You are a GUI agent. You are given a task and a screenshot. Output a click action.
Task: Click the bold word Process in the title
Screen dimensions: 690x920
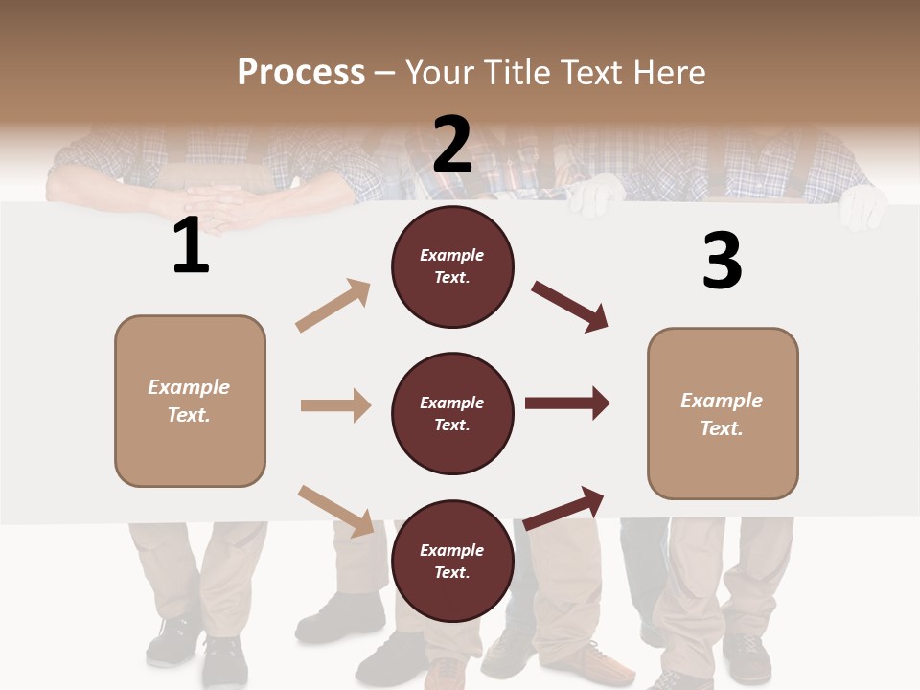pos(301,72)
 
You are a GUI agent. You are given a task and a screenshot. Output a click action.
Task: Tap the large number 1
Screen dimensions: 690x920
pos(191,246)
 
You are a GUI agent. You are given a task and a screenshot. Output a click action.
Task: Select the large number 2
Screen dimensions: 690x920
pos(452,144)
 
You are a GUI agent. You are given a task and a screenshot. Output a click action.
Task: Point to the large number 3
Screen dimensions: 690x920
pos(722,261)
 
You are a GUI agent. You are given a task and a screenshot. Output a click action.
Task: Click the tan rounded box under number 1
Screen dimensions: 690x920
pos(190,401)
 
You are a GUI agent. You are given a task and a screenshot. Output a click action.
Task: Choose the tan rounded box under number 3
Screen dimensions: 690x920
pos(723,414)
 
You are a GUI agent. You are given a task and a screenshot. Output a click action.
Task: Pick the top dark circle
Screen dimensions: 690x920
pos(452,266)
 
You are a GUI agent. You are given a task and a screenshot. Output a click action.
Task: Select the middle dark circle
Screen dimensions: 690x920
pos(452,414)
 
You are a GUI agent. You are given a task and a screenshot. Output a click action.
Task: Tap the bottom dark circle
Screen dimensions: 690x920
pos(452,562)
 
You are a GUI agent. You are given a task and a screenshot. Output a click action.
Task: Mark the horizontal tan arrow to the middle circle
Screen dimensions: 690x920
pos(335,405)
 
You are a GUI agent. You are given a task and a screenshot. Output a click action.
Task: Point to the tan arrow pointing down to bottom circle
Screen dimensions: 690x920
pos(335,510)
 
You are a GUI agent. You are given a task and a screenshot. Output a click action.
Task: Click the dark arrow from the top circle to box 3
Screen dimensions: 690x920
pos(570,307)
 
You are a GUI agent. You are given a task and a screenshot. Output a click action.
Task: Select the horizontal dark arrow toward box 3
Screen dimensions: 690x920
pos(567,403)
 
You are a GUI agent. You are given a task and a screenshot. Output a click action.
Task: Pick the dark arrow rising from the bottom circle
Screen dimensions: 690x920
pos(564,508)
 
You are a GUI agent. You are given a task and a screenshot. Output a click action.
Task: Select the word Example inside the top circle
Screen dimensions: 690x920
pos(452,255)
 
